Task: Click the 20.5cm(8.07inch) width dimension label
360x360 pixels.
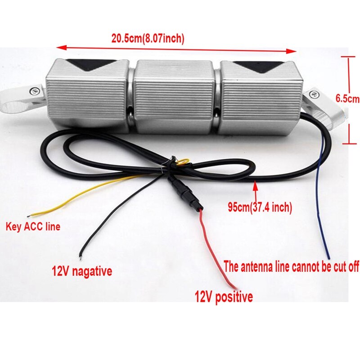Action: pos(148,39)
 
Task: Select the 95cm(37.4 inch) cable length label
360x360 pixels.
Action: pos(260,207)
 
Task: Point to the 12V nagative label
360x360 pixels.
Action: pos(82,271)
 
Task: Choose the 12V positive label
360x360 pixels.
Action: pos(223,297)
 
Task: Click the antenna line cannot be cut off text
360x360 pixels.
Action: pos(292,267)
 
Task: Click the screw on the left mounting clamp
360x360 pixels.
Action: pos(33,91)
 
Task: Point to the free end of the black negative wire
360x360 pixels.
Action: pos(80,258)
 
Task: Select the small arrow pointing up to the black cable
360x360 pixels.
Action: pos(256,184)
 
